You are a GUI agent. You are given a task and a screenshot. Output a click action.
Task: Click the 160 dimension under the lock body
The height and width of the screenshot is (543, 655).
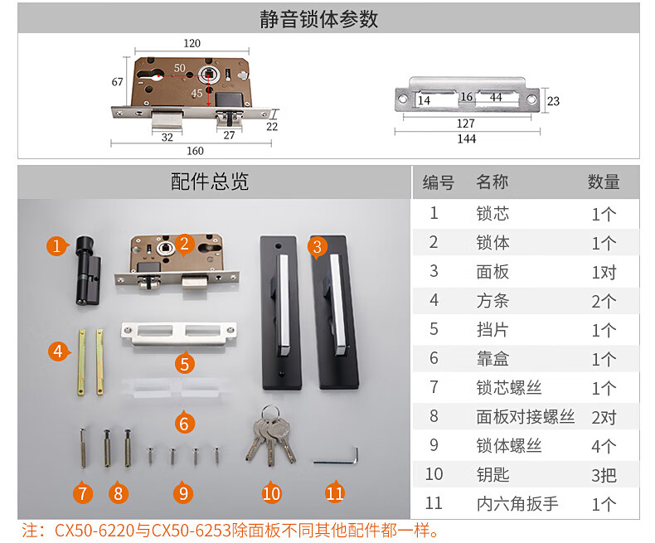click(195, 151)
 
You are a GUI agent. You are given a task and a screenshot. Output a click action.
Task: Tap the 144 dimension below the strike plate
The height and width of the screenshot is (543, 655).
click(467, 138)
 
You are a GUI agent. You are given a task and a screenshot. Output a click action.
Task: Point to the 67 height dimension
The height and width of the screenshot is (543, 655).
click(118, 82)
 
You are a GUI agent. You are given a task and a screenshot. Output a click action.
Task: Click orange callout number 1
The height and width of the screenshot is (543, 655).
click(57, 245)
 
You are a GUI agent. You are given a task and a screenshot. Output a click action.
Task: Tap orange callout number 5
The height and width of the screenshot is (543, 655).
click(185, 363)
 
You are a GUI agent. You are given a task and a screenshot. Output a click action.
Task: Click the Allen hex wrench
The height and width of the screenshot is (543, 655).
click(337, 457)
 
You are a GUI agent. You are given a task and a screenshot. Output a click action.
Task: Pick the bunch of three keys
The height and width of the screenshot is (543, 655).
click(270, 434)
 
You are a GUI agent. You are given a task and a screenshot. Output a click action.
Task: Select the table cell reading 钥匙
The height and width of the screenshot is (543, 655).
click(493, 475)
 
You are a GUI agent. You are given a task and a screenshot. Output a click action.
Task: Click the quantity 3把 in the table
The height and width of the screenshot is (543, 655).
click(604, 475)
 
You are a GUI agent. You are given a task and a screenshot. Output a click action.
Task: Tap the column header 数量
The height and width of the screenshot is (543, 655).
click(604, 182)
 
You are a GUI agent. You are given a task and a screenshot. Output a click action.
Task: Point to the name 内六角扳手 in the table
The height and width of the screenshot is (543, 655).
click(517, 504)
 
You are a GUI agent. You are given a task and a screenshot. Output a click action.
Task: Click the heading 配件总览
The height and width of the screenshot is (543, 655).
click(210, 182)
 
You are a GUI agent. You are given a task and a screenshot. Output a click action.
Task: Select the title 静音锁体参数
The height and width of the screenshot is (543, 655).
click(318, 19)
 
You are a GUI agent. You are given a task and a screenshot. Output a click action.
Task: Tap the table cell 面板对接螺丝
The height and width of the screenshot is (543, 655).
click(526, 417)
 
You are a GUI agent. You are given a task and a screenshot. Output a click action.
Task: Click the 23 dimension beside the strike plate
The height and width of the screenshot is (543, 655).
click(554, 101)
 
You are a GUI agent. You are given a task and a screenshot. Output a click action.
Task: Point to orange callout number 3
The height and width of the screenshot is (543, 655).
click(318, 247)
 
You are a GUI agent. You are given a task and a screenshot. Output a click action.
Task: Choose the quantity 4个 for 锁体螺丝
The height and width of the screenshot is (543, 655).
click(604, 447)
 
